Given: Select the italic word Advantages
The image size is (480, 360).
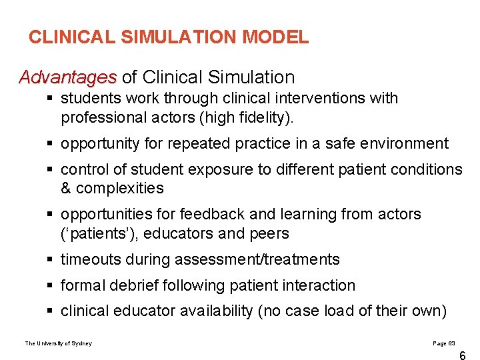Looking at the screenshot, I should click(67, 77).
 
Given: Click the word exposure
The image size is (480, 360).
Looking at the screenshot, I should click(222, 169).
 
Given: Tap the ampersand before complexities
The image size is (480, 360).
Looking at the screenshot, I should click(66, 189).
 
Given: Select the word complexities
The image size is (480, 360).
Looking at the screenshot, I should click(120, 189).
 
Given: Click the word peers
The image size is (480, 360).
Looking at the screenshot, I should click(268, 234).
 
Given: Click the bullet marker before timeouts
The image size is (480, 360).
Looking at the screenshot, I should click(51, 259).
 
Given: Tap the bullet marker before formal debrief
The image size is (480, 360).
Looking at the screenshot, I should click(51, 285).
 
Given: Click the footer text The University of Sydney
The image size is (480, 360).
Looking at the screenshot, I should click(59, 343).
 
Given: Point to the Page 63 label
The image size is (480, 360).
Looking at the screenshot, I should click(444, 343).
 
